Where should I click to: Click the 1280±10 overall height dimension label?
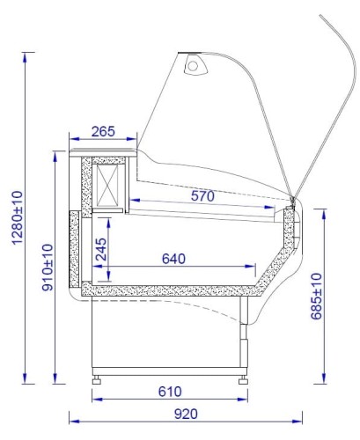(x=18, y=217)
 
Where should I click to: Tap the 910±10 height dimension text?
(x=48, y=268)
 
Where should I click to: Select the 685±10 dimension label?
(x=316, y=296)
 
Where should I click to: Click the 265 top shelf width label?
(x=103, y=131)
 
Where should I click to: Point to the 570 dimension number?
(x=202, y=195)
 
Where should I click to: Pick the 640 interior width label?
(x=173, y=259)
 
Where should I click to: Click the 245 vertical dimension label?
(x=101, y=249)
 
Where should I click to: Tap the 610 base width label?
(x=170, y=392)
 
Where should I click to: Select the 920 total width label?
(x=186, y=414)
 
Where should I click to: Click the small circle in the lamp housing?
(x=193, y=66)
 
